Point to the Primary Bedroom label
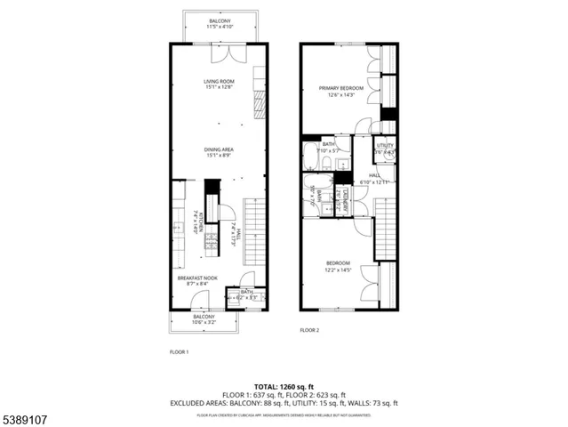[x=341, y=88]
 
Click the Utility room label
[x=385, y=145]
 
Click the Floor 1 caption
[x=179, y=352]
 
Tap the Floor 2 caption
[x=308, y=330]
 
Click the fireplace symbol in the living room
[x=260, y=102]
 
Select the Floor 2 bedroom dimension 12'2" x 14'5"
[x=339, y=270]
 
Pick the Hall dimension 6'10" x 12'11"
[x=380, y=181]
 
